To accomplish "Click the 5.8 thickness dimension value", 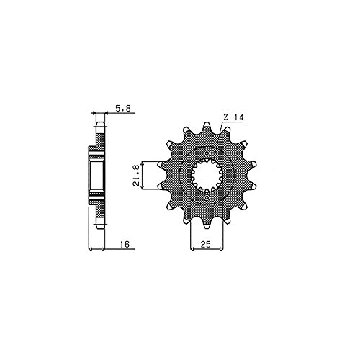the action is pyautogui.click(x=123, y=109).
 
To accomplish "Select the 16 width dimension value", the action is pyautogui.click(x=125, y=244).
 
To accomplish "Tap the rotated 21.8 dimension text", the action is pyautogui.click(x=136, y=176).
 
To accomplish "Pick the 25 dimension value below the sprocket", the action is pyautogui.click(x=206, y=244).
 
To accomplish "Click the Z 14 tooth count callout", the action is pyautogui.click(x=233, y=117).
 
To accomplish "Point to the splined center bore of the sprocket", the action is pyautogui.click(x=207, y=176).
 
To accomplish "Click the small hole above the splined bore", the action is pyautogui.click(x=207, y=153).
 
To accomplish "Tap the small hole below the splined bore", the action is pyautogui.click(x=207, y=197).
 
